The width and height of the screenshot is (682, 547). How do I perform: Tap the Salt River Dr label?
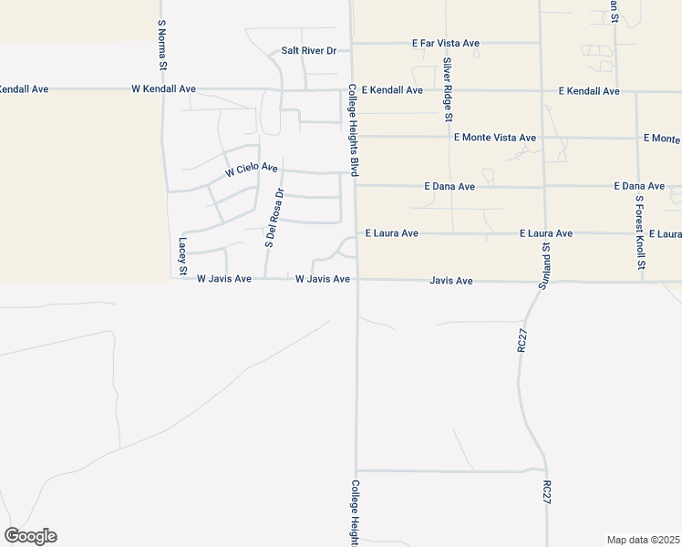(x=309, y=51)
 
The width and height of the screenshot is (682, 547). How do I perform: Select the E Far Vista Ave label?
(x=446, y=43)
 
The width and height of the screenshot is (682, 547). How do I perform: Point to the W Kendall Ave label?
(x=164, y=89)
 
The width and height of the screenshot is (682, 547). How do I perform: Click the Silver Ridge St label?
(x=448, y=89)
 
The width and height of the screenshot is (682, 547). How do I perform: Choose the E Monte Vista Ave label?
(x=495, y=138)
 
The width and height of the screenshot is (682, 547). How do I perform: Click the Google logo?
(x=30, y=536)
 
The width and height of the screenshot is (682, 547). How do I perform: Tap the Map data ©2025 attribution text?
(x=643, y=540)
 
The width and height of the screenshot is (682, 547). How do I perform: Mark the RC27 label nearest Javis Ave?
(x=522, y=340)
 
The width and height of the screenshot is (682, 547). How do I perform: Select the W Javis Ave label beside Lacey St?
(x=224, y=279)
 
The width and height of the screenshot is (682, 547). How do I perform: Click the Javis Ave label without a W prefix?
(x=451, y=281)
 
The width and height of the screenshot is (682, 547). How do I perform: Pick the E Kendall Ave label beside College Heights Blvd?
(x=392, y=90)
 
